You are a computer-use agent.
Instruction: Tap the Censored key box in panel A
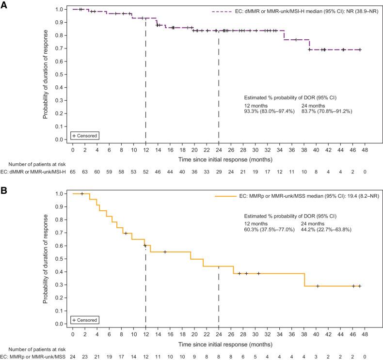86,135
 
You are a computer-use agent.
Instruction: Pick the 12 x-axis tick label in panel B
145,334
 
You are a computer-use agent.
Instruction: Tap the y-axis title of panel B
45,259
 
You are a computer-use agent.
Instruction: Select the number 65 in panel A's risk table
72,171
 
